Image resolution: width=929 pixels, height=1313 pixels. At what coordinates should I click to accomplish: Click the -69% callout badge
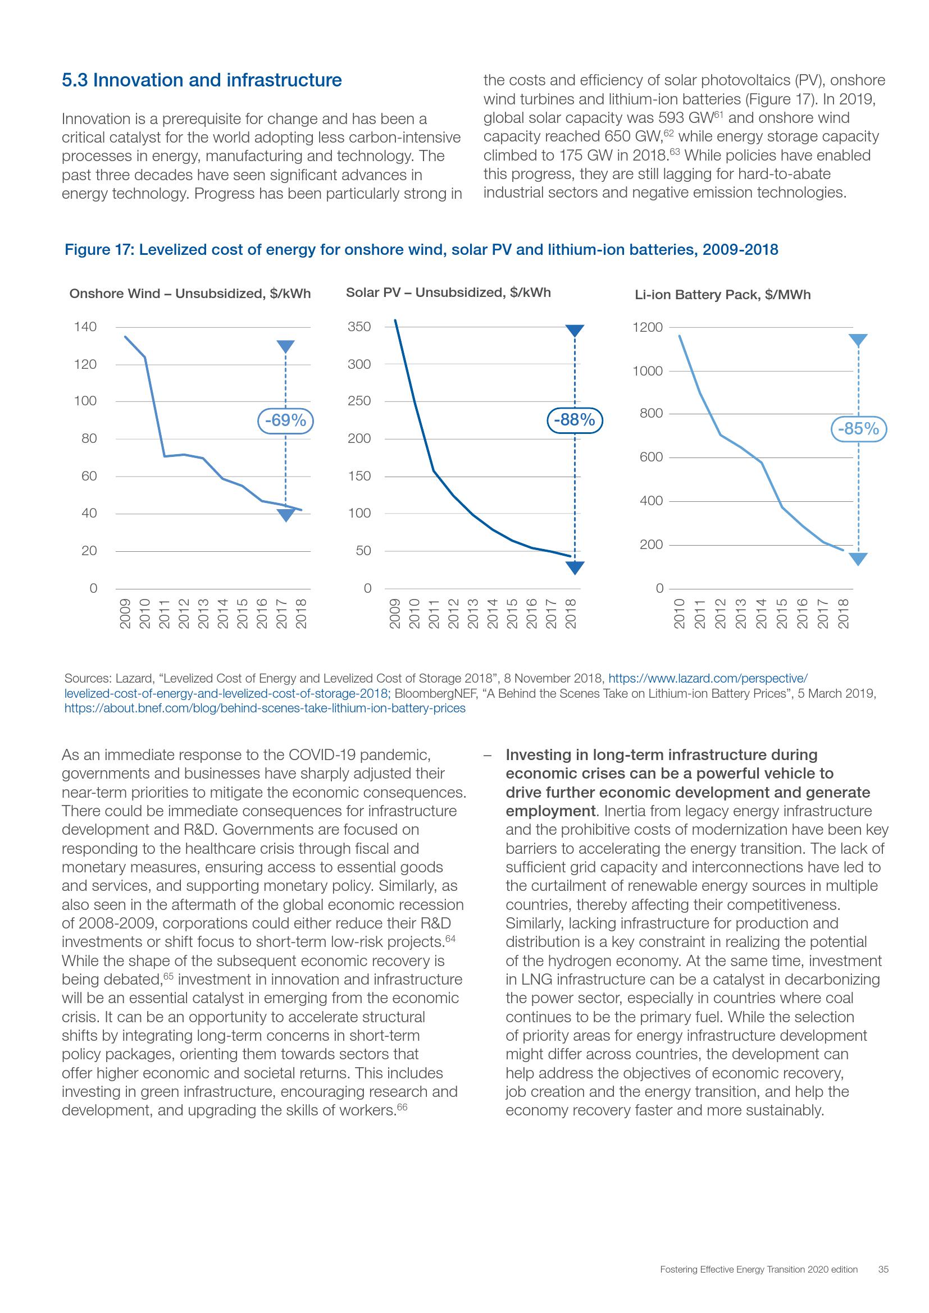coord(286,420)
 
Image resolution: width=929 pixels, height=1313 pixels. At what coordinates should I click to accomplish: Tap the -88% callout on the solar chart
coord(575,420)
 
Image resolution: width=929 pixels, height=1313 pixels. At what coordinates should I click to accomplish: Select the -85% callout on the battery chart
coord(858,428)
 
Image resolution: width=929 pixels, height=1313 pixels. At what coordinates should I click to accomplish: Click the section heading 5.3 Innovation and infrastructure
coord(202,80)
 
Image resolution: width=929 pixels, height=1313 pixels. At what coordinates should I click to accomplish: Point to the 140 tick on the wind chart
coord(85,327)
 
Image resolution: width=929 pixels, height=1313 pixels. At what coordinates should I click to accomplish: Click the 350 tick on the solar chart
coord(359,327)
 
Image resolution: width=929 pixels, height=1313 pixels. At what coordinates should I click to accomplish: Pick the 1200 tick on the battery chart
coord(648,328)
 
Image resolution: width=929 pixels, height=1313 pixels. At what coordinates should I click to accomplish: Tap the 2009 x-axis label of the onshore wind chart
coord(125,614)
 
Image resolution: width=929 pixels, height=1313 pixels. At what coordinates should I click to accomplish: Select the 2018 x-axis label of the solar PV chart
coord(570,614)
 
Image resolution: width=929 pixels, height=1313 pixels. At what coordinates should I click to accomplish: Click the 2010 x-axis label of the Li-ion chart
coord(679,614)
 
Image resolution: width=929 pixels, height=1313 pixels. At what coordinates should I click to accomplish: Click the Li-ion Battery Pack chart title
coord(722,295)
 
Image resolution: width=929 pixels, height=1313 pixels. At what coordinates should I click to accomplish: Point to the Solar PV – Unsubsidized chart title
coord(448,293)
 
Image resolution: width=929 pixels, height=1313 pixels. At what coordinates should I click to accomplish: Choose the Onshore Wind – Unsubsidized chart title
coord(190,294)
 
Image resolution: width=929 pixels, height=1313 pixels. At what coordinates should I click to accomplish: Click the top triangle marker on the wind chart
coord(285,346)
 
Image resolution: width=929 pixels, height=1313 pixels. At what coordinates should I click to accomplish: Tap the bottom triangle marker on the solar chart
coord(575,568)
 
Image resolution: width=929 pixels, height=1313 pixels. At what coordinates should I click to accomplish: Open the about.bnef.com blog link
coord(265,708)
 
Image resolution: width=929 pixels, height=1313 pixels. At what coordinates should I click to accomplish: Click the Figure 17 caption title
coord(421,250)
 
